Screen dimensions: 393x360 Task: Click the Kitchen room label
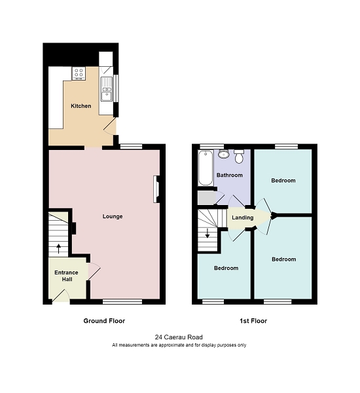click(81, 106)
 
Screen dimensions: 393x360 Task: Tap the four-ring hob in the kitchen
click(80, 73)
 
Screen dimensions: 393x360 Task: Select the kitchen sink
click(106, 95)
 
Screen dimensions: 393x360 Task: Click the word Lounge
click(113, 216)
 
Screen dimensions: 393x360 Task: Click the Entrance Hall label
click(66, 276)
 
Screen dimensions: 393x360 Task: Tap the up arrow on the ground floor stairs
click(59, 248)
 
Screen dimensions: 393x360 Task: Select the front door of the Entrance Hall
click(61, 297)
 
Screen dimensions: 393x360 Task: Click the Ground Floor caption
click(104, 321)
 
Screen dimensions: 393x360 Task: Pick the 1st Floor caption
click(253, 321)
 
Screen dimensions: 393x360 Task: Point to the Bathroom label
click(230, 175)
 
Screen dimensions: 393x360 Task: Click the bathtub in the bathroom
click(204, 168)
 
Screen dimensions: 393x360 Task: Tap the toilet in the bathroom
click(239, 156)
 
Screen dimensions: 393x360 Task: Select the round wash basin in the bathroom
click(224, 155)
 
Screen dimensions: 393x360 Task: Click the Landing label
click(242, 218)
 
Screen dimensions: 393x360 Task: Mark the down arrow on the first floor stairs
click(208, 234)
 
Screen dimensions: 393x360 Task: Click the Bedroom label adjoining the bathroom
click(283, 180)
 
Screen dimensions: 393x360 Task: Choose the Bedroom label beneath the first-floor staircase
click(226, 268)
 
